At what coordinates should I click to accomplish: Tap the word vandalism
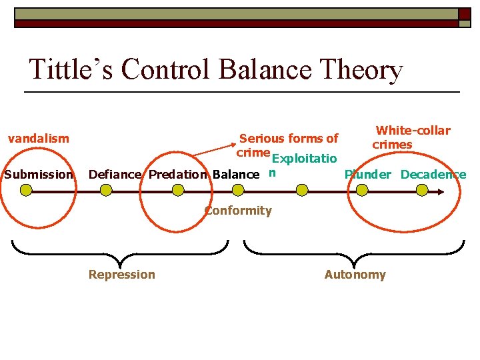tap(38, 139)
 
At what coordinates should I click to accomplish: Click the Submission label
tap(38, 175)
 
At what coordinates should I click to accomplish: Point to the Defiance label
tap(115, 175)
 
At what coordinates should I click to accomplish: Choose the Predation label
tap(177, 175)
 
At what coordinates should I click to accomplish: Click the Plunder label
tap(367, 175)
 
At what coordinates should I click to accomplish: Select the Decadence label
tap(433, 175)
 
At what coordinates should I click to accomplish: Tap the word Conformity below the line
tap(238, 211)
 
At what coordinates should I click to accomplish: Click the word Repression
tap(121, 274)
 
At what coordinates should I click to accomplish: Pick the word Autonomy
tap(355, 274)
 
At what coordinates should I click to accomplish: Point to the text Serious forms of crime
tap(287, 145)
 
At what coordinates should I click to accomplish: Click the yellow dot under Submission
tap(26, 191)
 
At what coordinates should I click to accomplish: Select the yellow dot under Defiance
tap(105, 191)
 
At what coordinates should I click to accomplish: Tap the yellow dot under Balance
tap(239, 191)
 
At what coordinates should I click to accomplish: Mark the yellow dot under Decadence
tap(421, 191)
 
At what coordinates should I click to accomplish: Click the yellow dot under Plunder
tap(361, 191)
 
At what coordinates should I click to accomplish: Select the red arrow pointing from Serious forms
tap(213, 149)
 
